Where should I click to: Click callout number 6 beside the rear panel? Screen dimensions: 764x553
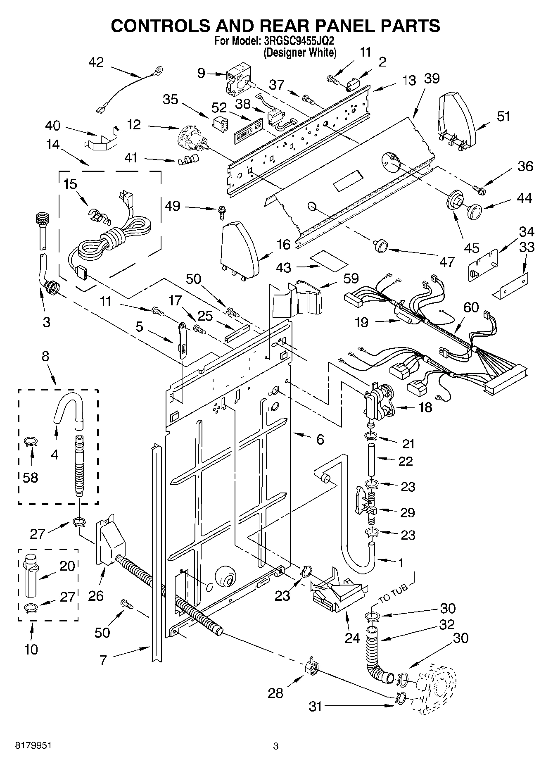point(320,439)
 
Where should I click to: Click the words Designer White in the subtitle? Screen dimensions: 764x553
point(300,52)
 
